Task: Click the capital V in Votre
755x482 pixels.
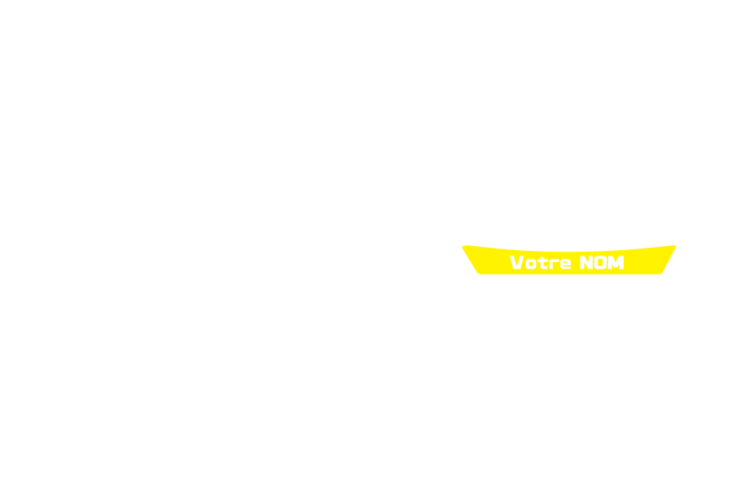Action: pyautogui.click(x=516, y=262)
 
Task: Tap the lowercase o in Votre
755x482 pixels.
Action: pyautogui.click(x=530, y=264)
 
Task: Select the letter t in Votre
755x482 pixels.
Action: pyautogui.click(x=543, y=263)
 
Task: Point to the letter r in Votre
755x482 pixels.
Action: pyautogui.click(x=554, y=264)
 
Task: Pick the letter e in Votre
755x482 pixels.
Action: pyautogui.click(x=565, y=264)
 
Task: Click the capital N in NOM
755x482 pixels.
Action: pyautogui.click(x=586, y=262)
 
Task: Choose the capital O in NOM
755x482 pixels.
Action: pyautogui.click(x=600, y=262)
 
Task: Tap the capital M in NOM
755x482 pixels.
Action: pyautogui.click(x=616, y=262)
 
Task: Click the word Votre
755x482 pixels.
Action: pyautogui.click(x=540, y=262)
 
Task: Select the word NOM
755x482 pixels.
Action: pyautogui.click(x=602, y=262)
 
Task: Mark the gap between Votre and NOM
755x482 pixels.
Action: pyautogui.click(x=576, y=262)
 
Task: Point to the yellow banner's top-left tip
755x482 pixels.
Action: pyautogui.click(x=462, y=247)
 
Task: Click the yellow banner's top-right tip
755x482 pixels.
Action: pyautogui.click(x=676, y=246)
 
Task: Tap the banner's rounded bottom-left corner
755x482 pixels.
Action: pyautogui.click(x=479, y=273)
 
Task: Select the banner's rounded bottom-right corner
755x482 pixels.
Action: pyautogui.click(x=661, y=273)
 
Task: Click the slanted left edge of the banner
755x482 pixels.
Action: pyautogui.click(x=470, y=259)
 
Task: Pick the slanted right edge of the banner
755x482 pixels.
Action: pyautogui.click(x=669, y=259)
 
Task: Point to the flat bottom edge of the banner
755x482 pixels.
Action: pyautogui.click(x=570, y=274)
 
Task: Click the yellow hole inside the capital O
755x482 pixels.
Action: pyautogui.click(x=600, y=262)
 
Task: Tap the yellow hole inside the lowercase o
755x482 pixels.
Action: pyautogui.click(x=530, y=264)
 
